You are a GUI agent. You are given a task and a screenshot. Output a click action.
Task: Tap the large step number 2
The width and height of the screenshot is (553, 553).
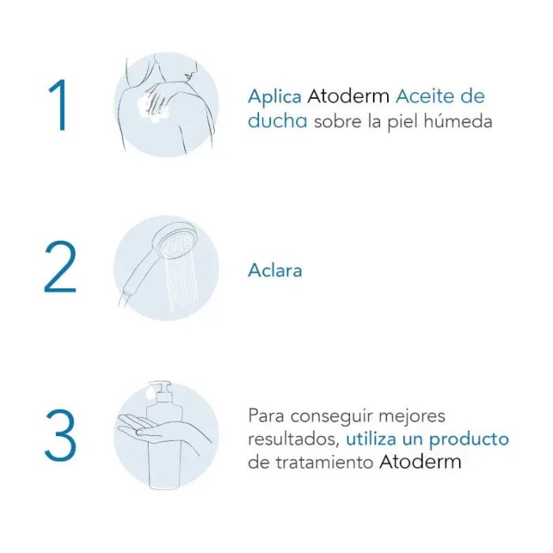click(60, 269)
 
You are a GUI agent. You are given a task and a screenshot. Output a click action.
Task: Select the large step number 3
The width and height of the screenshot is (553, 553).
click(60, 435)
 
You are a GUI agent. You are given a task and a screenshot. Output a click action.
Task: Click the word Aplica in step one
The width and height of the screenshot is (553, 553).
click(274, 97)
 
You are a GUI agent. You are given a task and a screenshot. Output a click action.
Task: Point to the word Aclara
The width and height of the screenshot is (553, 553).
click(275, 270)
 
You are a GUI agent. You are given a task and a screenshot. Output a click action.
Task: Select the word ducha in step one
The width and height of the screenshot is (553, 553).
click(277, 122)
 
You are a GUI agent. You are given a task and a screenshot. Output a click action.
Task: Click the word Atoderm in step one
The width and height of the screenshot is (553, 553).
click(348, 97)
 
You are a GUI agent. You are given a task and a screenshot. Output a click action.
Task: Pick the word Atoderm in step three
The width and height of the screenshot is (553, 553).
click(424, 462)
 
